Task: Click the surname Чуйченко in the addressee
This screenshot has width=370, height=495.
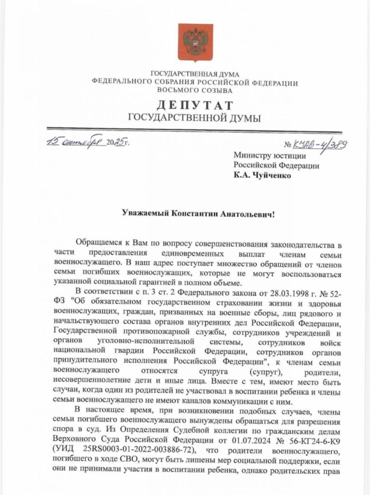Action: point(270,175)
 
